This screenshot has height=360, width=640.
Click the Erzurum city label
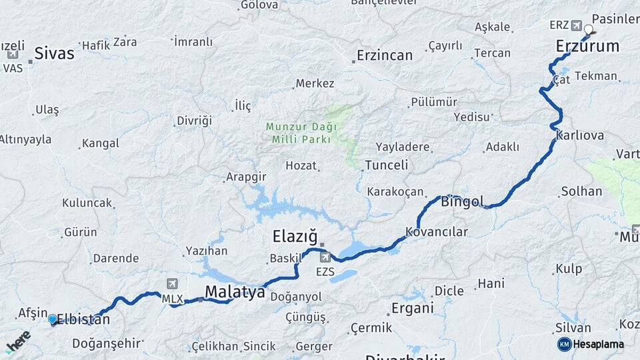click(x=587, y=46)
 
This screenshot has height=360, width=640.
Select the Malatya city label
click(x=235, y=291)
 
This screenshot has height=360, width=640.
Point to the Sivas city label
click(x=54, y=53)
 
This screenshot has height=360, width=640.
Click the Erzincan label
click(x=385, y=55)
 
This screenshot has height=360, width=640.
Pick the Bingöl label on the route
click(x=462, y=201)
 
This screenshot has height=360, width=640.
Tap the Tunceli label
click(x=387, y=165)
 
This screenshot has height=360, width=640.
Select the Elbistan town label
click(x=83, y=319)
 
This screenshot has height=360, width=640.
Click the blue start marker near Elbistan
click(x=53, y=319)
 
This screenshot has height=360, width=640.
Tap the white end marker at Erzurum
click(x=589, y=29)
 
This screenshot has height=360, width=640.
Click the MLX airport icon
click(x=173, y=283)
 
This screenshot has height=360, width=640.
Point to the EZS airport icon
click(x=325, y=257)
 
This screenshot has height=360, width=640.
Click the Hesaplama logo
click(x=591, y=344)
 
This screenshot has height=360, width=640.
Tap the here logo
click(x=18, y=341)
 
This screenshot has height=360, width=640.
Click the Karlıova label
click(x=579, y=135)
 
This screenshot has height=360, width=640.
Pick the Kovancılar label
click(x=437, y=232)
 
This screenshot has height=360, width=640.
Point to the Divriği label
click(x=194, y=121)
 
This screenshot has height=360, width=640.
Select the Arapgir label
click(x=246, y=177)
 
